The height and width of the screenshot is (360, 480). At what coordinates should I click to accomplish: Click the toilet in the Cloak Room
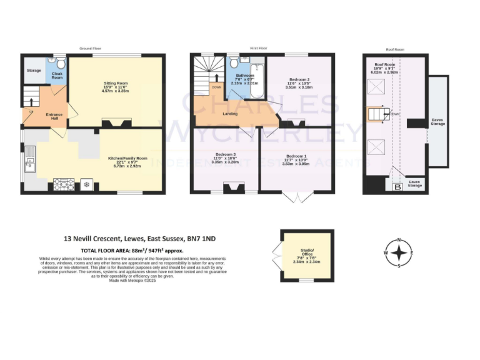(x=61, y=64)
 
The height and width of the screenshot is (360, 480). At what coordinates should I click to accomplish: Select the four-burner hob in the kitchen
(x=64, y=184)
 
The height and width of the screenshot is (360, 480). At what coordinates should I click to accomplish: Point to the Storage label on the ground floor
(x=34, y=70)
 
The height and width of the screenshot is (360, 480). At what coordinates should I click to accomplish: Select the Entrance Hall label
(x=54, y=116)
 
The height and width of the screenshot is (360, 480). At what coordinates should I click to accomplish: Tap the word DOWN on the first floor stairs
(x=216, y=87)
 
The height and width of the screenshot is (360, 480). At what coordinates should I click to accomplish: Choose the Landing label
(x=230, y=114)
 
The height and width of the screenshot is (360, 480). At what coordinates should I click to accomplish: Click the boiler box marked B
(x=396, y=187)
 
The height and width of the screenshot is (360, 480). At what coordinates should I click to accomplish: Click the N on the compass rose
(x=401, y=241)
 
